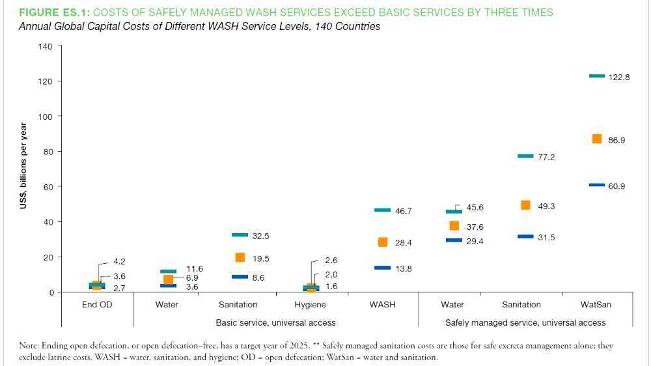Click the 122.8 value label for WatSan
(618, 77)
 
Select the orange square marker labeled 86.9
(597, 139)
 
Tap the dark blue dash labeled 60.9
(597, 185)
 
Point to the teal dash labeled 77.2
(525, 156)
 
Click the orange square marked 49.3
(526, 205)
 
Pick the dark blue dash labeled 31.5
(525, 236)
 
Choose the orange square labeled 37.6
(454, 226)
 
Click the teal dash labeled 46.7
(382, 210)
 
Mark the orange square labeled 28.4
(383, 242)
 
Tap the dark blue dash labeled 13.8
(382, 268)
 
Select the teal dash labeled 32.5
(240, 234)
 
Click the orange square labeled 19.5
(240, 258)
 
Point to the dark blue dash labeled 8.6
(240, 277)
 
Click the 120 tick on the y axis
(45, 81)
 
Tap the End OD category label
(96, 305)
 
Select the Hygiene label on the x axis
(311, 305)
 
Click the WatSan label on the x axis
(596, 305)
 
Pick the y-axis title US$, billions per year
(23, 166)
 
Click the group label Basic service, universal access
(275, 322)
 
